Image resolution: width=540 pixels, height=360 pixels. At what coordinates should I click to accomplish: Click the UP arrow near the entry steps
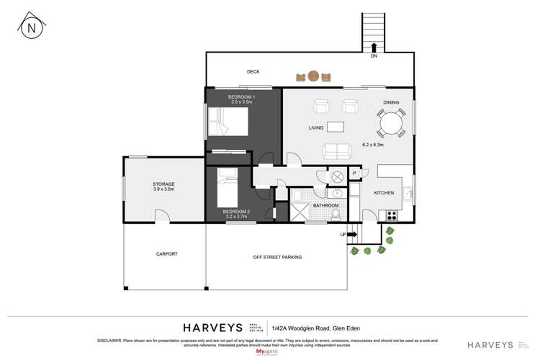[352, 234]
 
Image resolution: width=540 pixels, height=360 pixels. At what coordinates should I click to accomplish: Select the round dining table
[392, 123]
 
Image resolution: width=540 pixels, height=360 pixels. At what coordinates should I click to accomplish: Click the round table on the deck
[313, 75]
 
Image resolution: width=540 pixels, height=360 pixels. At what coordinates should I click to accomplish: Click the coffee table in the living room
[336, 127]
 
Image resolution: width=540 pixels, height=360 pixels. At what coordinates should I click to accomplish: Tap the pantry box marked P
[354, 174]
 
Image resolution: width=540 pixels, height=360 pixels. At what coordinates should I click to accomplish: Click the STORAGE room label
[163, 184]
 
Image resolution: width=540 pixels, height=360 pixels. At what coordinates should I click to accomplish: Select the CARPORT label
[166, 254]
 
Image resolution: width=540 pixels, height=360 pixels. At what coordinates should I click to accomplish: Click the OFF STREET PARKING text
[277, 257]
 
